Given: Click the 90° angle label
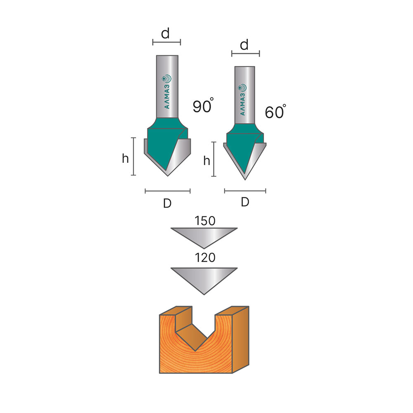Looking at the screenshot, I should [203, 107].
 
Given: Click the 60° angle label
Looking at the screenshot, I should [275, 112].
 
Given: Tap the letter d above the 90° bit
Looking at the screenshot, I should [166, 34].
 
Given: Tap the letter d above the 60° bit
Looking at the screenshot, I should [244, 45].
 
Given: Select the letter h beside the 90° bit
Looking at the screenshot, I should [126, 158].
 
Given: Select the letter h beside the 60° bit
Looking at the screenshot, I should [207, 161].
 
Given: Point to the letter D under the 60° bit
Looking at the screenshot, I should [245, 202].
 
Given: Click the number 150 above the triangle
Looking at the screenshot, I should [205, 221].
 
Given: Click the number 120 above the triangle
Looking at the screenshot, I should [205, 258].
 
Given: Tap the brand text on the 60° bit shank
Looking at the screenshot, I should [244, 100].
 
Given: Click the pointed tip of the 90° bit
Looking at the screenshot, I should [168, 176].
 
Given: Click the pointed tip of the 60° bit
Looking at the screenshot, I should [245, 179].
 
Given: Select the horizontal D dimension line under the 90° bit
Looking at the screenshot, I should [167, 191].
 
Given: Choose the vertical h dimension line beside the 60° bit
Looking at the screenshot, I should [214, 159].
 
